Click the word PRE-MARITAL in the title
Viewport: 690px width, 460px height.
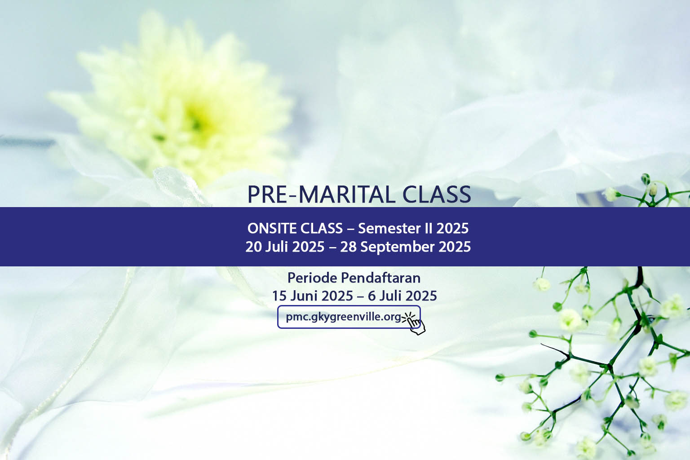(322, 195)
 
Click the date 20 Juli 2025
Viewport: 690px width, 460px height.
(285, 247)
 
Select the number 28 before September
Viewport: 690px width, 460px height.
(348, 247)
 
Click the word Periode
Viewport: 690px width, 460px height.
(312, 278)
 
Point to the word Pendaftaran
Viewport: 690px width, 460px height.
(381, 278)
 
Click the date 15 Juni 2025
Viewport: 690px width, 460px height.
(313, 296)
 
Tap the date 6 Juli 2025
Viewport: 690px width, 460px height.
(402, 296)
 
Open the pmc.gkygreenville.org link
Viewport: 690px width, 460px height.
(344, 317)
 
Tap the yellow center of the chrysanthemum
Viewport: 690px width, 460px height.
(194, 119)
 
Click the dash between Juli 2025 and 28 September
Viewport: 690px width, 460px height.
(332, 248)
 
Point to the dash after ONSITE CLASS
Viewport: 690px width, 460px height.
(350, 229)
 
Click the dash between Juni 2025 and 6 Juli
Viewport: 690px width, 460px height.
(361, 296)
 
